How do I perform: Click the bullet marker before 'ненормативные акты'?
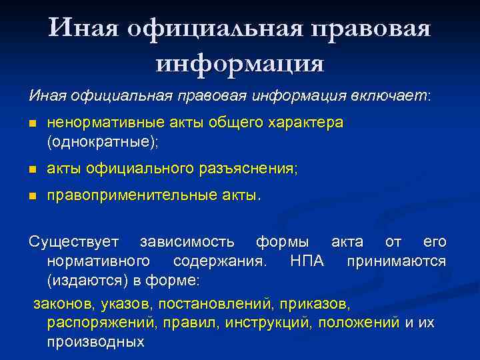(31, 124)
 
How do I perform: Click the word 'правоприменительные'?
(131, 196)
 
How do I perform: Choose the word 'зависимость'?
(187, 241)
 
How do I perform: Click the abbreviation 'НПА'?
(307, 260)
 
